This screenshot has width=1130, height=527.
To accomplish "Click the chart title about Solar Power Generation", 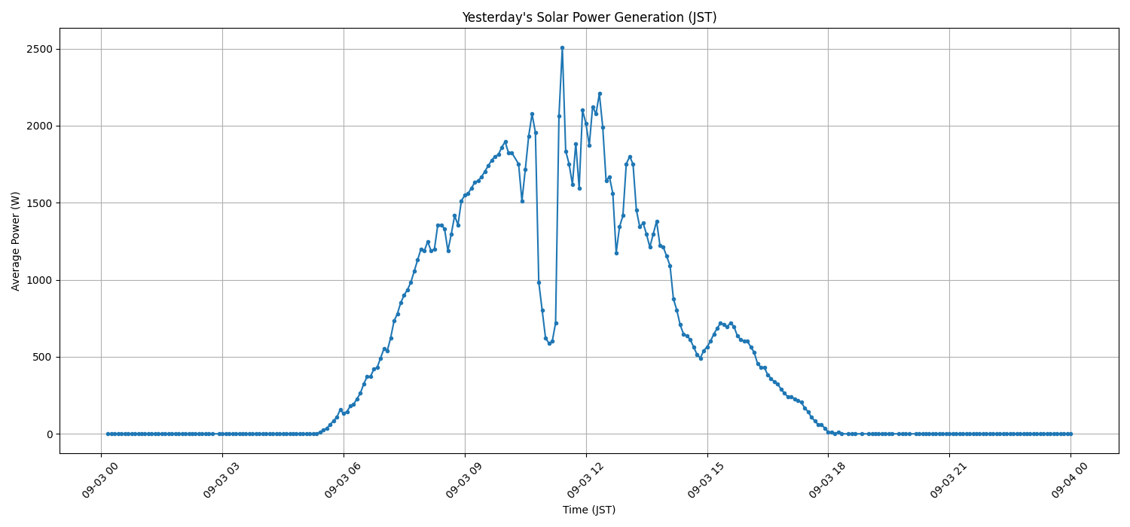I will click(589, 17).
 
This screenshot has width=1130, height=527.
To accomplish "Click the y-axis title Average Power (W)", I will click(16, 241).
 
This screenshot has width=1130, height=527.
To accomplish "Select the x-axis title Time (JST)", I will click(589, 510).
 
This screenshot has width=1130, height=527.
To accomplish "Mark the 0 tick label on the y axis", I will click(49, 434).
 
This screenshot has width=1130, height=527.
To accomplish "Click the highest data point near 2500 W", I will click(562, 47).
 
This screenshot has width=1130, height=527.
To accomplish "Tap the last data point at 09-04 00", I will click(1070, 434).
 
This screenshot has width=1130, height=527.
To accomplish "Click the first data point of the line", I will click(108, 434).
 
